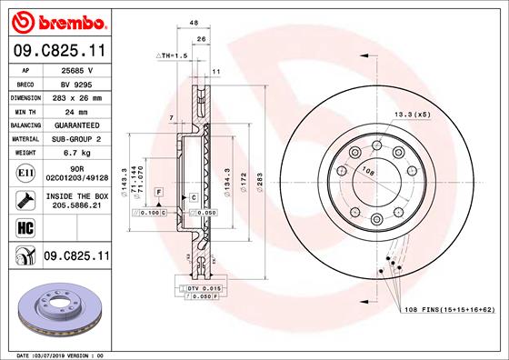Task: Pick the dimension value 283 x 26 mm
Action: (x=75, y=96)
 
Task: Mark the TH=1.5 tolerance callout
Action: (x=175, y=55)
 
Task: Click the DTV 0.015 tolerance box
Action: (x=195, y=288)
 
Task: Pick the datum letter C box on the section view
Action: (x=193, y=197)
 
